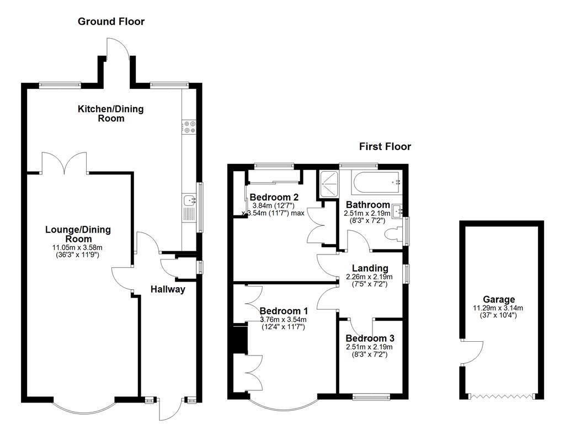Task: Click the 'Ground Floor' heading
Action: tap(111, 22)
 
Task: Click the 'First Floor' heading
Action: tap(385, 146)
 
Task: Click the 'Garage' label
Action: tap(499, 300)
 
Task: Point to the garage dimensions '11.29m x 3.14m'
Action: tap(499, 308)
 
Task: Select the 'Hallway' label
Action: tap(168, 289)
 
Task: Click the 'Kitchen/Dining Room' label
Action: tap(110, 113)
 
